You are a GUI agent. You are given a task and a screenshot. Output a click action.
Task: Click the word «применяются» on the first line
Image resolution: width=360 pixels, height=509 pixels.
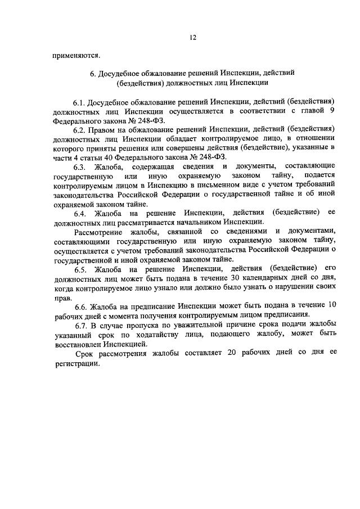[x=76, y=55]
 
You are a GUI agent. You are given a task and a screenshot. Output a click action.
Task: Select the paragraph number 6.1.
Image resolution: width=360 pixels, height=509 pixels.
[x=79, y=103]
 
